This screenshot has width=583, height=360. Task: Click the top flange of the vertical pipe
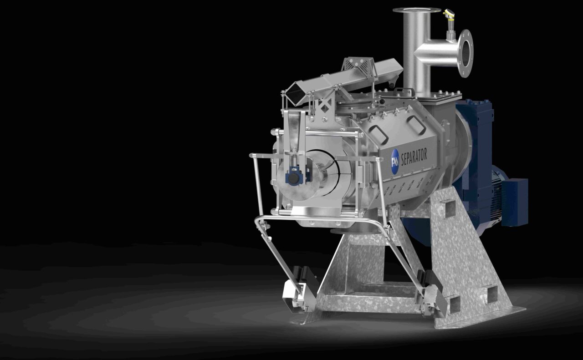[417, 10]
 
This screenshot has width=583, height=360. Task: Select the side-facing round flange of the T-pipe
[465, 49]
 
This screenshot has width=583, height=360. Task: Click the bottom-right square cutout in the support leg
[491, 294]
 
